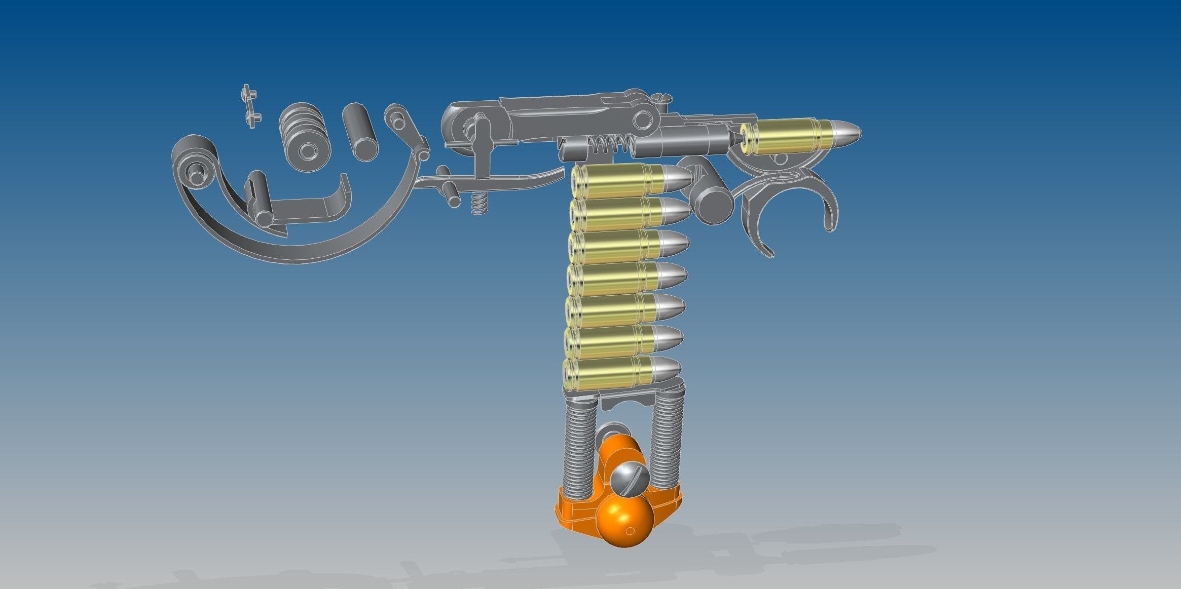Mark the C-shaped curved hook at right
point(791,208)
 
